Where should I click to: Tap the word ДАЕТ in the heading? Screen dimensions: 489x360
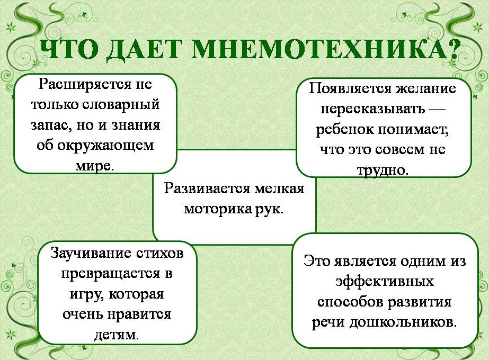(x=143, y=50)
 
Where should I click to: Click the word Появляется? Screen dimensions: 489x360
(x=351, y=88)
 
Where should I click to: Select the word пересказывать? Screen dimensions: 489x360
(x=373, y=109)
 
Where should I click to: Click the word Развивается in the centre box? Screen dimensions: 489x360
(x=207, y=189)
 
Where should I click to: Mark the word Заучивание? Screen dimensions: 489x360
(x=91, y=253)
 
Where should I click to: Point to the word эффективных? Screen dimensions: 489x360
(x=385, y=282)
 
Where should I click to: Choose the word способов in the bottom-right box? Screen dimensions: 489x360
(x=350, y=301)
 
